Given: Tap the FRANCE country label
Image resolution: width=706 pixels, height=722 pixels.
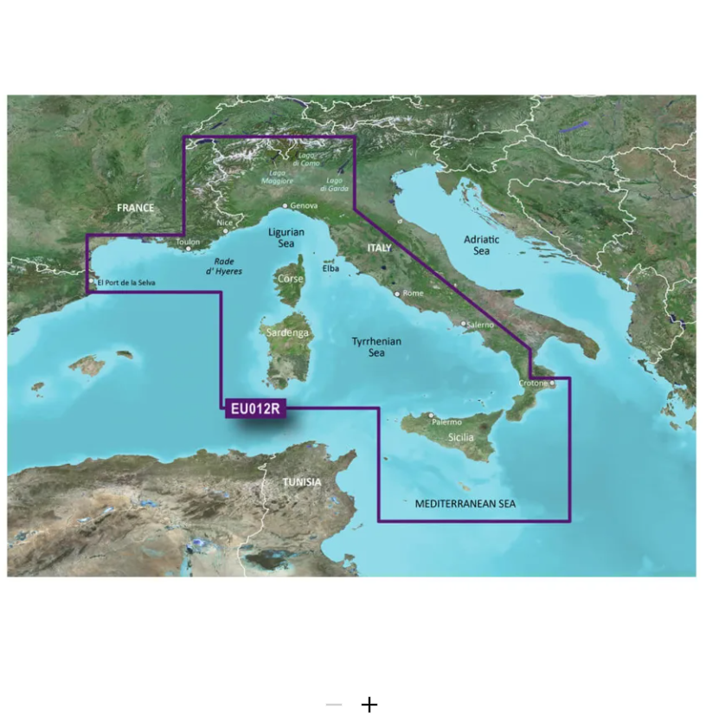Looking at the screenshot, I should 135,208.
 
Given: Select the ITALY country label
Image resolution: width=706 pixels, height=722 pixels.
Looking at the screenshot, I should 379,248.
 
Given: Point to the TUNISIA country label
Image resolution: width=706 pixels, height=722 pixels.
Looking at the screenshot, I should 302,482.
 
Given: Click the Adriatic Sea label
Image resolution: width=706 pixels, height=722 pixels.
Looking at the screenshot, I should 482,244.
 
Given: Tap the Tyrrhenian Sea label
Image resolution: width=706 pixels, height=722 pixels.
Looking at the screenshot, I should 376,347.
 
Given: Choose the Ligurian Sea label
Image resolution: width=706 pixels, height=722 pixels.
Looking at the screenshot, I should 286,238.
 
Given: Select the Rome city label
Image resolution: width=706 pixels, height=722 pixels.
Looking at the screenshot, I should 413,293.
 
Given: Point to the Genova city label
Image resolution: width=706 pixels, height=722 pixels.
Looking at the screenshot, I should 304,206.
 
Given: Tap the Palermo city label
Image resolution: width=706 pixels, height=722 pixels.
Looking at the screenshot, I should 446,422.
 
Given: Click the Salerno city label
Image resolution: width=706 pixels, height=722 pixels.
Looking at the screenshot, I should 480,325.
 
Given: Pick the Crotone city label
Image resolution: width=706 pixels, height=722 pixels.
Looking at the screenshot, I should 533,383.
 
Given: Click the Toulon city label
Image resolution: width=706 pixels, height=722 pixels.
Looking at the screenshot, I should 188,242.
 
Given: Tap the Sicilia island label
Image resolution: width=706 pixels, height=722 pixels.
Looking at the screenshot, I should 461,438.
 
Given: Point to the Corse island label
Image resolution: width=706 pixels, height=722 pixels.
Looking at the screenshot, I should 290,280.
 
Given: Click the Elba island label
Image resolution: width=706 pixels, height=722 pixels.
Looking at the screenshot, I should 331,268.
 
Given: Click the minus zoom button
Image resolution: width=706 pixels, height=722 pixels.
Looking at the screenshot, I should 334,705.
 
